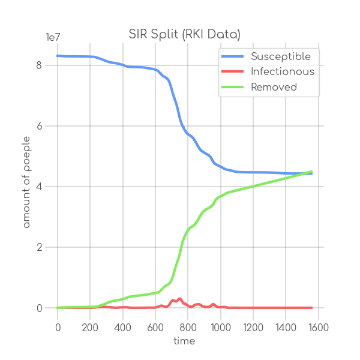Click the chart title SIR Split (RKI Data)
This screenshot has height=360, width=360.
point(184,34)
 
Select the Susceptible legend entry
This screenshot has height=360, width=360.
point(281,56)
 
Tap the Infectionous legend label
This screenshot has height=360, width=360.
point(282,71)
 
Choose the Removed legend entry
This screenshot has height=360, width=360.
point(274,87)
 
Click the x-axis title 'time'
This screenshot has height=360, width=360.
point(184,341)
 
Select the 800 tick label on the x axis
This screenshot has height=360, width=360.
point(188,328)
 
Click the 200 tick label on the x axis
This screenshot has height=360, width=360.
point(90,328)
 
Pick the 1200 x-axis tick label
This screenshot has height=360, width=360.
point(253,328)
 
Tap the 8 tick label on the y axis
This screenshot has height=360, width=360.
point(39,65)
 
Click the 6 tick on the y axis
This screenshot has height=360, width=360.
point(39,126)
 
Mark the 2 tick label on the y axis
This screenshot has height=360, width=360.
point(39,247)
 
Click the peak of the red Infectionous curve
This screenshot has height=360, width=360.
point(179,298)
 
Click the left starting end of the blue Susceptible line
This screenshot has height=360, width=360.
point(58,56)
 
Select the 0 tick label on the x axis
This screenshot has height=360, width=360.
point(58,328)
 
